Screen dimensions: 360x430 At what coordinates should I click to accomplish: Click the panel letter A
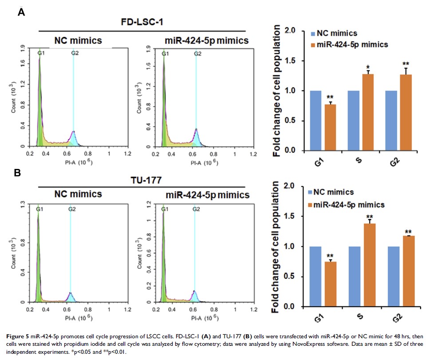[x=21, y=12]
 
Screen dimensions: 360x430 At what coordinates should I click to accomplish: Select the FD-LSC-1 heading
[x=141, y=22]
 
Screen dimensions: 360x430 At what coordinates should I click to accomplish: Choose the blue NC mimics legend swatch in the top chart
[x=313, y=34]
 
